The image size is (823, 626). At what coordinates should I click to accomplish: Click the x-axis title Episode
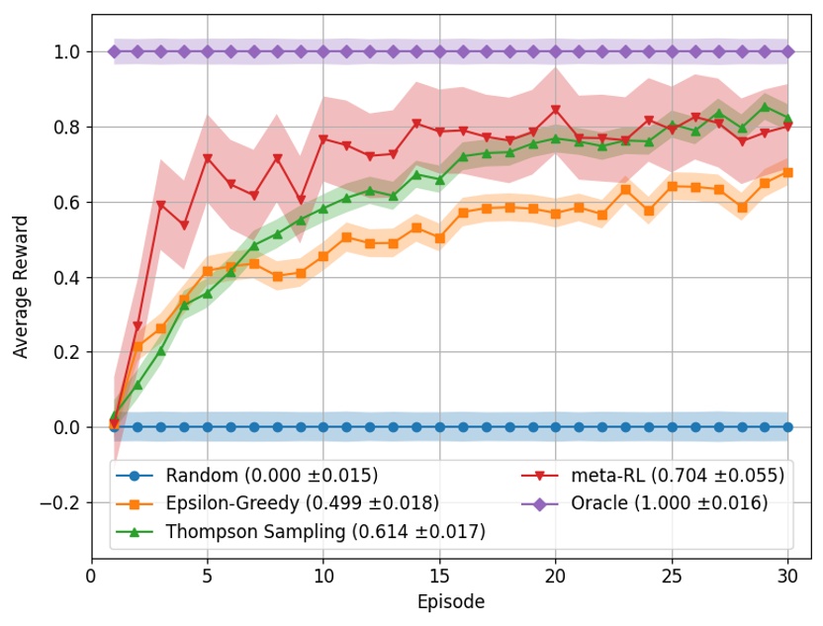click(451, 601)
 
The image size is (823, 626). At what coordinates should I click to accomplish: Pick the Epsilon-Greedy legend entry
click(300, 503)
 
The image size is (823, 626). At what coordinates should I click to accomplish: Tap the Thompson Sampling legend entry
click(325, 532)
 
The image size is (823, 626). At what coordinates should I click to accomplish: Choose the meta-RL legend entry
click(678, 475)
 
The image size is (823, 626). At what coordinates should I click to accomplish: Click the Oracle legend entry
click(669, 503)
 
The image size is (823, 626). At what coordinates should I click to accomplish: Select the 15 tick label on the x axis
click(439, 575)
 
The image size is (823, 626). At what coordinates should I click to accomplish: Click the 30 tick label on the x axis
click(787, 575)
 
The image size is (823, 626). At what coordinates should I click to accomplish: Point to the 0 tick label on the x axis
click(92, 575)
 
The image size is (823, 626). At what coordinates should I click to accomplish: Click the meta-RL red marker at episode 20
click(555, 110)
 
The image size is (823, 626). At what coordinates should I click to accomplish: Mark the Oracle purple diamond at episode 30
click(787, 51)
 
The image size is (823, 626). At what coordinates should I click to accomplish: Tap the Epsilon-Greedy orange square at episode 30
click(787, 172)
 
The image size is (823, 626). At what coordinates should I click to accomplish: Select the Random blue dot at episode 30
click(787, 427)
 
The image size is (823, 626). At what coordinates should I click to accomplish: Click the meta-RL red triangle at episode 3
click(160, 206)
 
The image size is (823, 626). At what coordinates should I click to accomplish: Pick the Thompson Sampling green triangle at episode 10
click(323, 209)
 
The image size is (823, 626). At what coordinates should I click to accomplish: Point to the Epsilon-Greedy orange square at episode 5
click(207, 271)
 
